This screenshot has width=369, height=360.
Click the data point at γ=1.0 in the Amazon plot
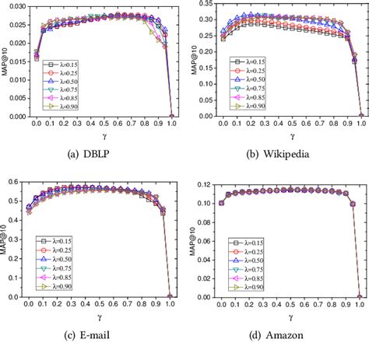359,296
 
